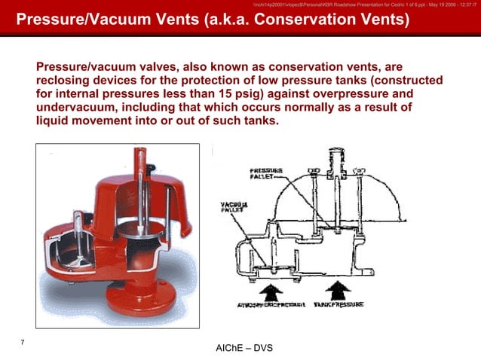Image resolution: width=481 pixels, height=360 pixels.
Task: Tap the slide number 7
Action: (x=23, y=343)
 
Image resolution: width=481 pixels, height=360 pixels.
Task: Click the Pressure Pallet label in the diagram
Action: (x=266, y=175)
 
